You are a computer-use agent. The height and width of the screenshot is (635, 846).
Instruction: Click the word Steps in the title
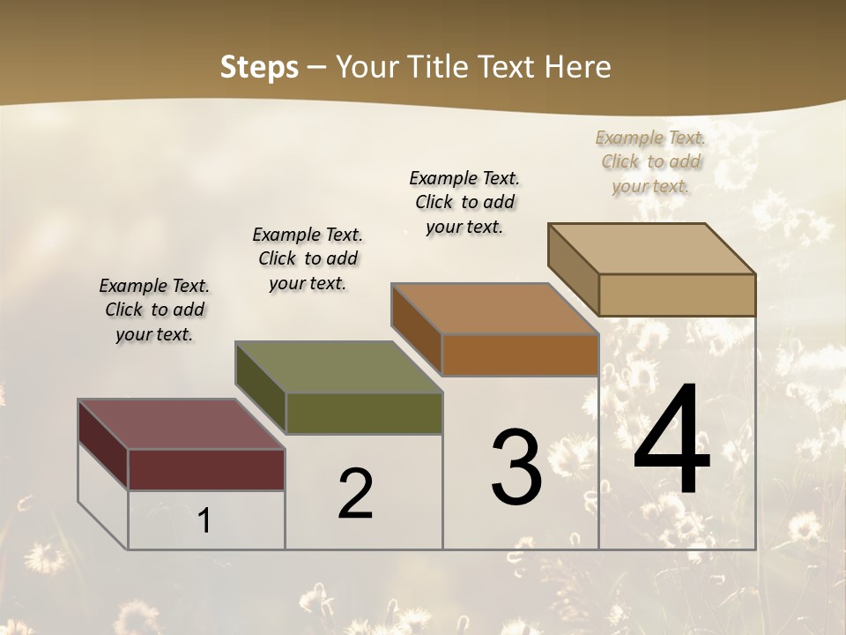pyautogui.click(x=259, y=67)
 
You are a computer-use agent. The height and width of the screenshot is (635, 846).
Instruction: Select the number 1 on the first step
pyautogui.click(x=204, y=520)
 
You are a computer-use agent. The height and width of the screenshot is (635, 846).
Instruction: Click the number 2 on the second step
pyautogui.click(x=355, y=494)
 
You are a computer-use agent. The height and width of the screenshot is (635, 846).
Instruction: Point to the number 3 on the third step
pyautogui.click(x=516, y=467)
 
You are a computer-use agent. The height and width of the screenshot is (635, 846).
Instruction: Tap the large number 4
pyautogui.click(x=672, y=441)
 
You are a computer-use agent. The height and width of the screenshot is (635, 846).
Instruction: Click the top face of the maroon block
pyautogui.click(x=181, y=424)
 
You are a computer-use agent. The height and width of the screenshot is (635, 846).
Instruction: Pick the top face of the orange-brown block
pyautogui.click(x=495, y=309)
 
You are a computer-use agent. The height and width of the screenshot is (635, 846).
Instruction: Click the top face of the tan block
pyautogui.click(x=652, y=249)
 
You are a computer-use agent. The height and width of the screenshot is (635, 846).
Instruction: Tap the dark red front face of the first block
pyautogui.click(x=206, y=469)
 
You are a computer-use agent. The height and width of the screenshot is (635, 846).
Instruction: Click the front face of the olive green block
pyautogui.click(x=364, y=413)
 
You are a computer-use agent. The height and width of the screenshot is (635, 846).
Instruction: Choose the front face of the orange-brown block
pyautogui.click(x=520, y=355)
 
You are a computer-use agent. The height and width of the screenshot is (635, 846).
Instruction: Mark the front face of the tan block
pyautogui.click(x=677, y=295)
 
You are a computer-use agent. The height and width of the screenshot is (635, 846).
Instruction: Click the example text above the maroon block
pyautogui.click(x=154, y=310)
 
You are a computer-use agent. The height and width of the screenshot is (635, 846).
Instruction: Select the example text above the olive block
pyautogui.click(x=308, y=258)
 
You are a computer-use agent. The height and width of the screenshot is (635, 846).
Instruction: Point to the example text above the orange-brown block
pyautogui.click(x=464, y=202)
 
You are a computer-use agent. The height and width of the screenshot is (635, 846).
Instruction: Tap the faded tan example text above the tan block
pyautogui.click(x=650, y=161)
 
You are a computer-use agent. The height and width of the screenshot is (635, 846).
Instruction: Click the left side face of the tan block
pyautogui.click(x=573, y=268)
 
